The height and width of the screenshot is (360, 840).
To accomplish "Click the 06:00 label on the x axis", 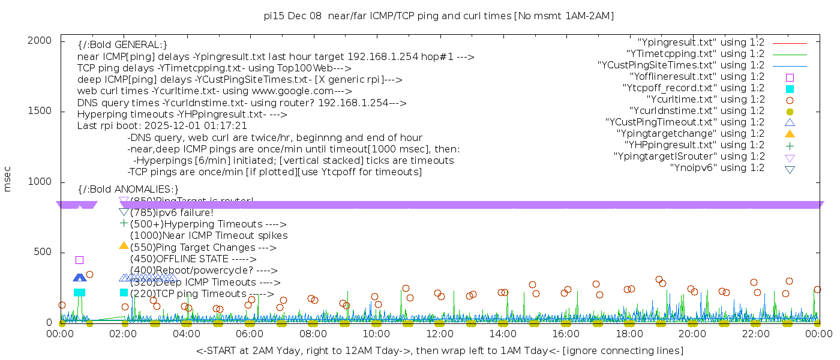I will [250, 334].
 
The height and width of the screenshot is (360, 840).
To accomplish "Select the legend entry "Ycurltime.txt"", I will [705, 100].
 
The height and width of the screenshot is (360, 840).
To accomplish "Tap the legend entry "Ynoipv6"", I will [717, 168].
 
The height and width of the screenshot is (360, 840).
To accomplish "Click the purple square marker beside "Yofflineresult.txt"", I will [790, 77].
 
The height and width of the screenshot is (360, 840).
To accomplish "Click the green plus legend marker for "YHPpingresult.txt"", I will [790, 145].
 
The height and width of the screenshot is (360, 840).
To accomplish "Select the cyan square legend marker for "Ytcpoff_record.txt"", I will [790, 88].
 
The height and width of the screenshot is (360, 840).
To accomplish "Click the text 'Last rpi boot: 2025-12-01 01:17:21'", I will [162, 126].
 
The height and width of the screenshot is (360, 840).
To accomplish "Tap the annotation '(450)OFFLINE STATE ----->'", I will [193, 259].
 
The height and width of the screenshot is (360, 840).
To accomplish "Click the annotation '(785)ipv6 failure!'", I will [172, 212].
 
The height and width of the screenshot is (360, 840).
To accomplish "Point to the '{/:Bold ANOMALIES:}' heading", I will [128, 190].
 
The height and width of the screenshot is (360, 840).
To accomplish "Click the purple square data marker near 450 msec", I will [79, 260].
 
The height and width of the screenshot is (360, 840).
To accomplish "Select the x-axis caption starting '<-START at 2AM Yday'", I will [439, 350].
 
